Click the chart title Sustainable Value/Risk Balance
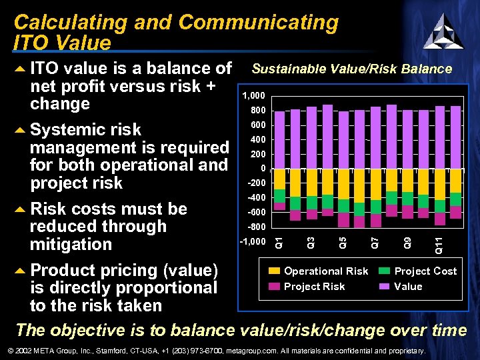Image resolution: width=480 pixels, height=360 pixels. (351, 69)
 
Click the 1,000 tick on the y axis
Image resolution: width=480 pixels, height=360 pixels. (253, 96)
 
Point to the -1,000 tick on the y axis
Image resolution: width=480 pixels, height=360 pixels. (252, 241)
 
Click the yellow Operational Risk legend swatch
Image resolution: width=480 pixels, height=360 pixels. (275, 271)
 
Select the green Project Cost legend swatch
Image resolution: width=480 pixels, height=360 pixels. (385, 271)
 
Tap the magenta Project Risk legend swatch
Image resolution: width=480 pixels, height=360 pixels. (275, 287)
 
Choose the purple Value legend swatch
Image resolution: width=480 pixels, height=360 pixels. (385, 287)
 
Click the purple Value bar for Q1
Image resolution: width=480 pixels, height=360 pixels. (280, 140)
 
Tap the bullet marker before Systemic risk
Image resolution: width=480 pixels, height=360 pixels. (20, 129)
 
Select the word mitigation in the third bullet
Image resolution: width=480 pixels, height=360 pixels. (71, 244)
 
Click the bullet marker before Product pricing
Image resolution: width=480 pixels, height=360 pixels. (20, 271)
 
